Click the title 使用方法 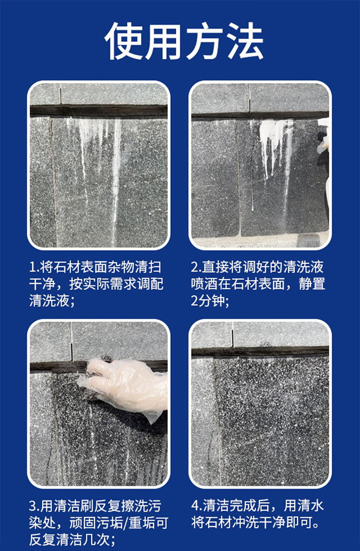[x=184, y=41]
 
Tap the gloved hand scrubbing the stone [x=125, y=387]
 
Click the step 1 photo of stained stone [x=99, y=165]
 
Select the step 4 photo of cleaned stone [x=260, y=404]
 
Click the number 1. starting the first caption [x=35, y=268]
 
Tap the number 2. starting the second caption [x=196, y=268]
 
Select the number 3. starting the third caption [x=35, y=506]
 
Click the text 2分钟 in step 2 [x=207, y=301]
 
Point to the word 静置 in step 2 [x=312, y=284]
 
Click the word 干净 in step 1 [x=43, y=284]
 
